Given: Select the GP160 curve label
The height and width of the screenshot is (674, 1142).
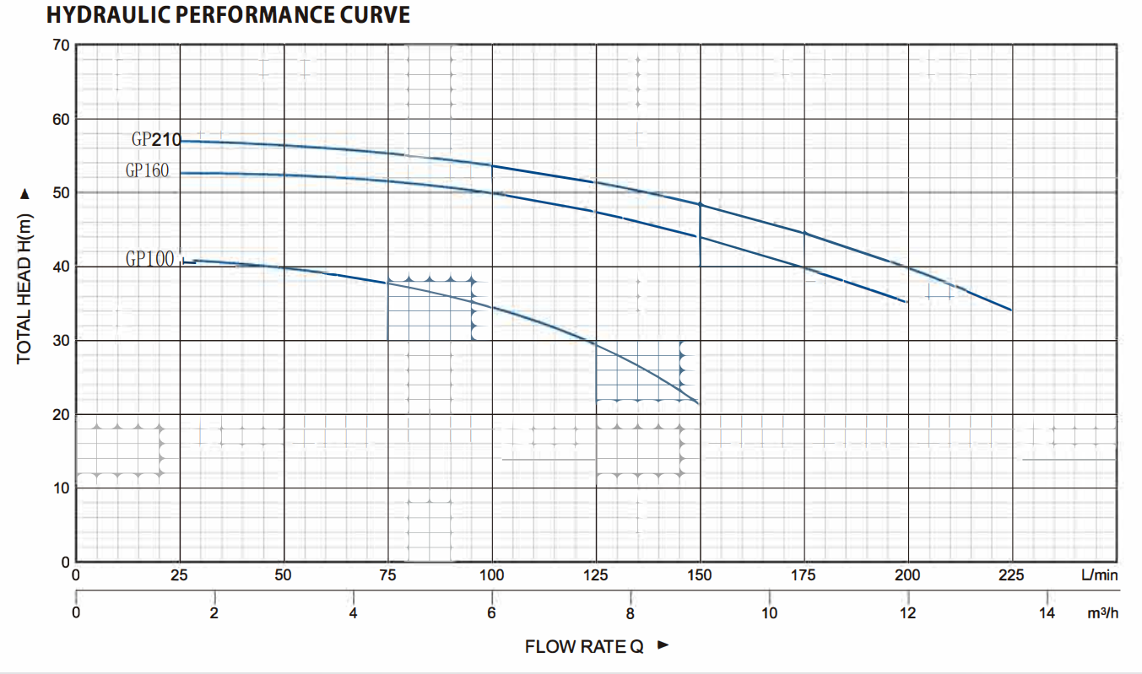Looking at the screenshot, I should click(x=148, y=170).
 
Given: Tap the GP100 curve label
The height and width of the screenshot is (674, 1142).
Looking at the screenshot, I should click(x=149, y=259).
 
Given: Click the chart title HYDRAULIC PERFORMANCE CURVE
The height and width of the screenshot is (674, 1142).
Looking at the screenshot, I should click(x=228, y=15).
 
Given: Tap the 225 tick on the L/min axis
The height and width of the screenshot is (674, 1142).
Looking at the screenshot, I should click(x=1011, y=576).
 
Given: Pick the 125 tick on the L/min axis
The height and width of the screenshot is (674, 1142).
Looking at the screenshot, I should click(x=596, y=576).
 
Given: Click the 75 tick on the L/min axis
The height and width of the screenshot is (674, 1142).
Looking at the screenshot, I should click(x=387, y=576).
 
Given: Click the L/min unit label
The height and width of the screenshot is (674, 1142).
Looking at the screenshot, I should click(x=1098, y=576).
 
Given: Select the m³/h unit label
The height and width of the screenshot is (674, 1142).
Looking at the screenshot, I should click(x=1102, y=614).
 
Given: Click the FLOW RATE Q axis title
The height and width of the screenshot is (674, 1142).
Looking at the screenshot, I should click(x=584, y=647).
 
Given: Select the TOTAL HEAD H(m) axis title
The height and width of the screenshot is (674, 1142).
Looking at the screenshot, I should click(x=24, y=287).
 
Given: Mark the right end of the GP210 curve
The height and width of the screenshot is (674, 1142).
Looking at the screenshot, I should click(x=1011, y=310).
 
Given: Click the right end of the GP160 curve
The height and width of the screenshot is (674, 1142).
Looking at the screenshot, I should click(x=907, y=302).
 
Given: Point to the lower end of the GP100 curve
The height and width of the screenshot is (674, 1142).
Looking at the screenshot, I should click(x=699, y=404).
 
